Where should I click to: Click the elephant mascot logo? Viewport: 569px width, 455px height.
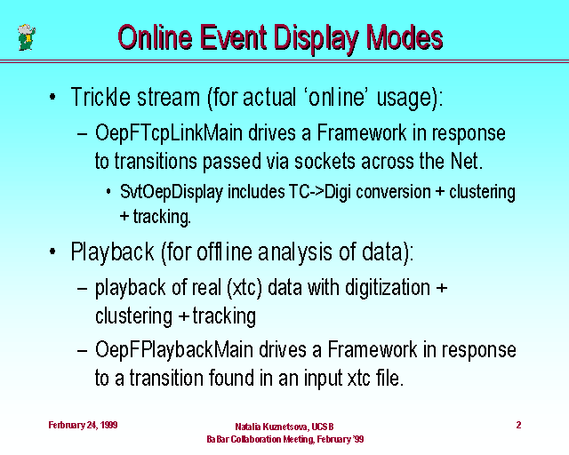[x=27, y=37]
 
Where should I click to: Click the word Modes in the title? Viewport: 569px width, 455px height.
[x=405, y=37]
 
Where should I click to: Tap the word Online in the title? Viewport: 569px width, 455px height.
[x=155, y=37]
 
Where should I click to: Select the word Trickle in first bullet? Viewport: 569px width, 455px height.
[x=100, y=97]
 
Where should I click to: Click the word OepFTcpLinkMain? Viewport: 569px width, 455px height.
[x=169, y=132]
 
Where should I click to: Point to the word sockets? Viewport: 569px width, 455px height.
[x=325, y=161]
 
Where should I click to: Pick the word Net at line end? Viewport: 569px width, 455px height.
[x=467, y=161]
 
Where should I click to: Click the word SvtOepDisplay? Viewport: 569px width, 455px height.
[x=172, y=192]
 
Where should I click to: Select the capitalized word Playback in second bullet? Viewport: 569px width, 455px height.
[x=113, y=251]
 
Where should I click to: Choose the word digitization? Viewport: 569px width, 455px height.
[x=388, y=288]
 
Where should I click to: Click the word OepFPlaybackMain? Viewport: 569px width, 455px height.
[x=174, y=350]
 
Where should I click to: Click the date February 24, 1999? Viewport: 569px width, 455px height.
[x=83, y=426]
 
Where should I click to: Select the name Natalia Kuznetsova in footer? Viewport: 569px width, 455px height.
[x=272, y=427]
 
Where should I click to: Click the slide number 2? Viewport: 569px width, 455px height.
[x=518, y=425]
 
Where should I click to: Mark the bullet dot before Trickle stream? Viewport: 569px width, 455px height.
[x=52, y=97]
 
